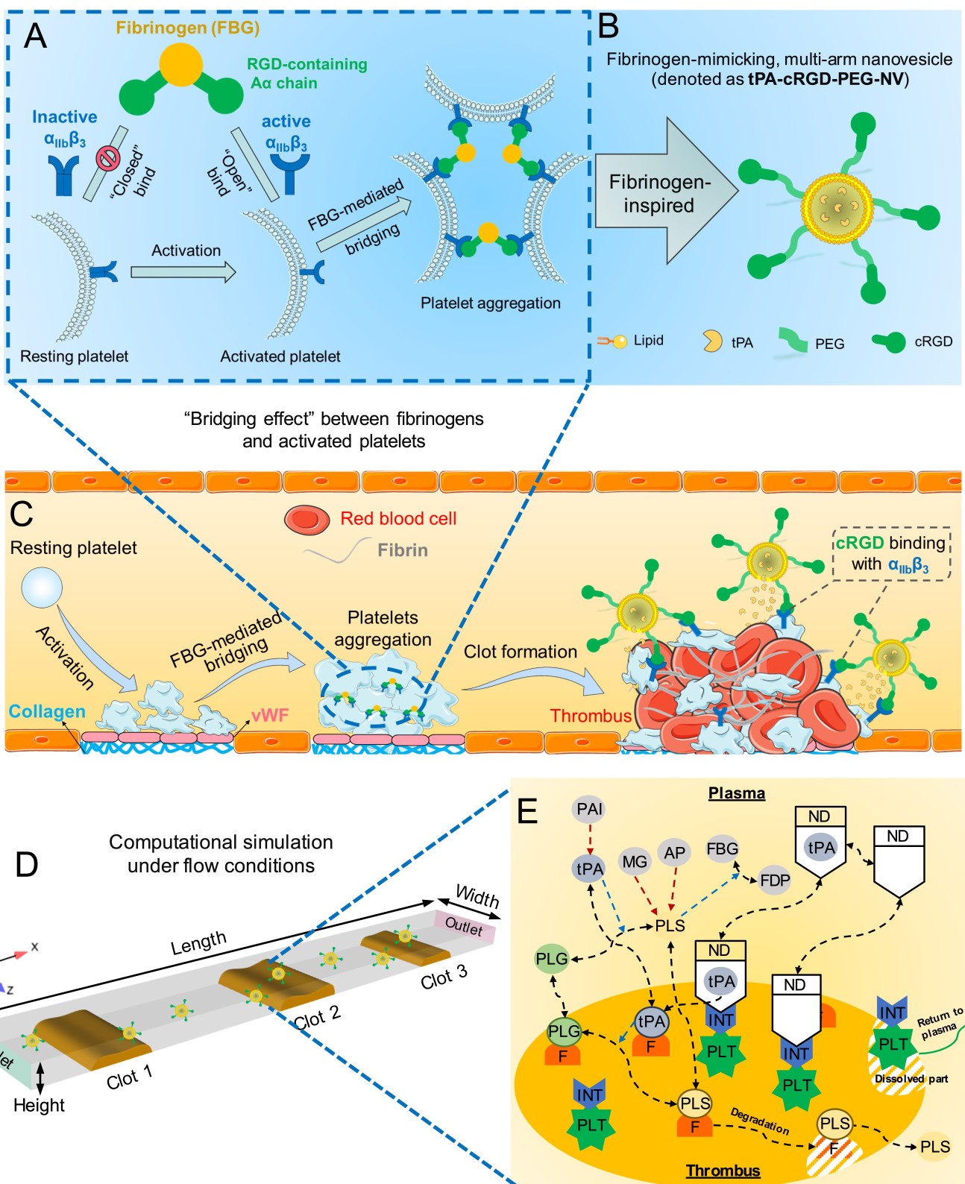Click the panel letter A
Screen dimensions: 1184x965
35,36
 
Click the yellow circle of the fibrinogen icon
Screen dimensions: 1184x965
181,65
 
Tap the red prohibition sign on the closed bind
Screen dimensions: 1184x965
107,158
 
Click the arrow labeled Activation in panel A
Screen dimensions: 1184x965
183,272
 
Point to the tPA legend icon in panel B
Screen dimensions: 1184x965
712,341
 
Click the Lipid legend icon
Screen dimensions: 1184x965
612,341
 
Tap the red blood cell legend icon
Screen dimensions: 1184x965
307,520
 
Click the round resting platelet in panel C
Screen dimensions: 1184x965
42,588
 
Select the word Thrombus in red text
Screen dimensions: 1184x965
591,717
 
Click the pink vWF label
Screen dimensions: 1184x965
270,716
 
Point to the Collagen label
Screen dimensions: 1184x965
47,712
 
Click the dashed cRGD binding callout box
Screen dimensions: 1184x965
891,554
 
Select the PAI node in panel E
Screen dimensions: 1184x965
589,809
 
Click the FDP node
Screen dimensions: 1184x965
775,881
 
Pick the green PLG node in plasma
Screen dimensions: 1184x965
552,959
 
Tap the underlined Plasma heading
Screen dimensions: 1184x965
737,793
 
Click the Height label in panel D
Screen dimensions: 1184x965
39,1105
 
